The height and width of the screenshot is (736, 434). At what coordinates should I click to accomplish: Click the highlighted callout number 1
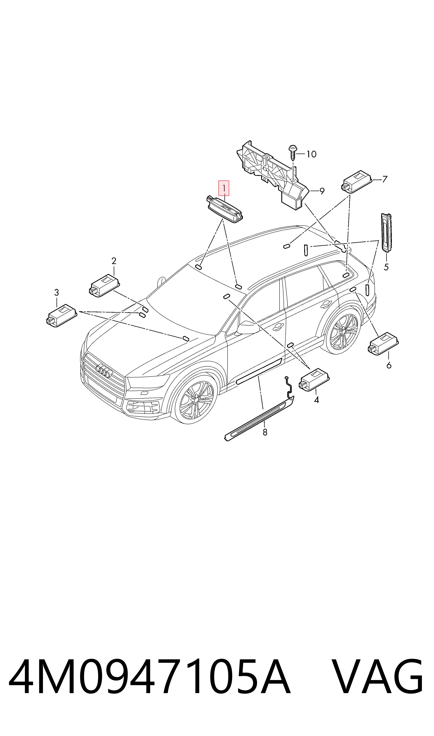pos(224,188)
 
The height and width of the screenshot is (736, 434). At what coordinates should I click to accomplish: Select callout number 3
pos(57,292)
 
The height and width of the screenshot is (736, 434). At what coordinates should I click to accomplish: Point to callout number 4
pos(316,400)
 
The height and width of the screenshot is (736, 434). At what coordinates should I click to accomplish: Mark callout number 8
pos(265,432)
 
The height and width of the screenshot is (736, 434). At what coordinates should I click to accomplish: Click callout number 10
pos(311,154)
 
